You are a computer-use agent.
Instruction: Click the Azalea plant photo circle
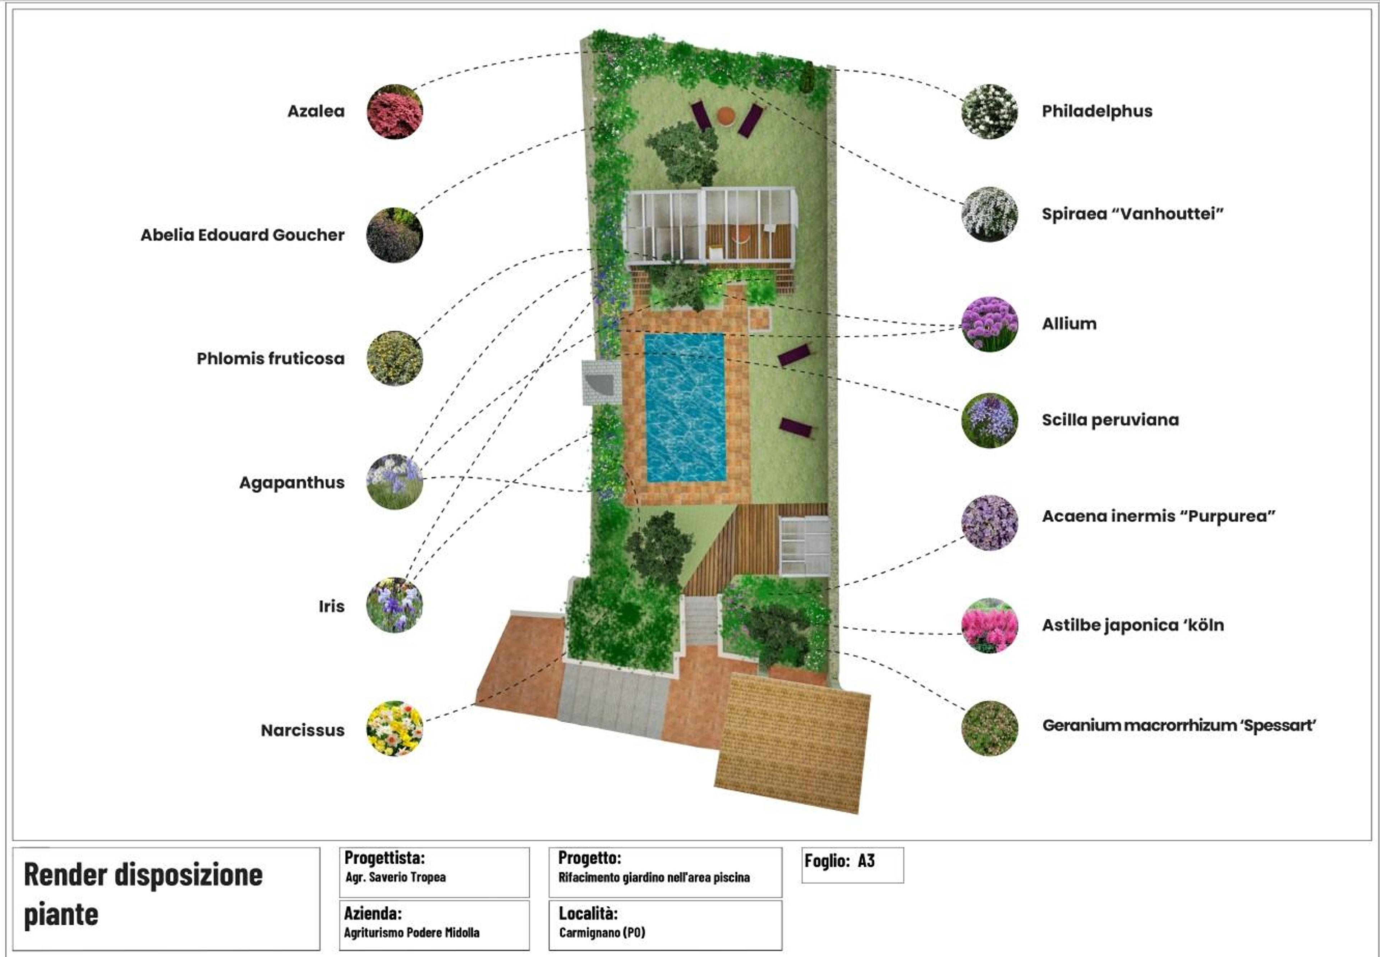[395, 111]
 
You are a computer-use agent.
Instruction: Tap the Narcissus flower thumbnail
[395, 728]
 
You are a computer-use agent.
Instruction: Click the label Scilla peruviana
[1110, 420]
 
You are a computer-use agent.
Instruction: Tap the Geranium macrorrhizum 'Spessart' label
[1179, 726]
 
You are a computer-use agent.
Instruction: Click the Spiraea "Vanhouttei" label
[1132, 214]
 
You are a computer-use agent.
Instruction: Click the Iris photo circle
[395, 605]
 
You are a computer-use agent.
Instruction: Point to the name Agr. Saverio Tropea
[396, 877]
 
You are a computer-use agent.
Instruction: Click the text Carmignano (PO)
[602, 933]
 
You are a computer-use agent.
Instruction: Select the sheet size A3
[866, 861]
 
